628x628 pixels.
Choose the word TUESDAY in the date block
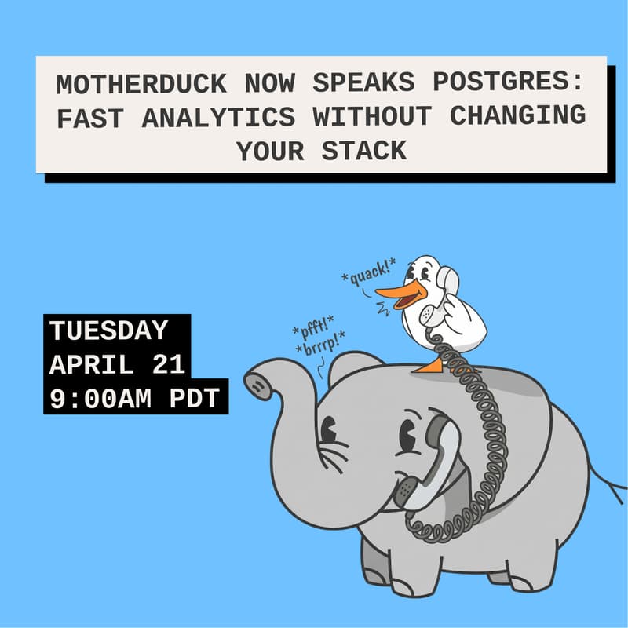109,330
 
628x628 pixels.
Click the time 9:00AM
101,398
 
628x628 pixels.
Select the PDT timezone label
196,398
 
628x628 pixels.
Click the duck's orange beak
397,297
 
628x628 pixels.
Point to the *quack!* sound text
365,274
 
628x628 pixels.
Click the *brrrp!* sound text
319,347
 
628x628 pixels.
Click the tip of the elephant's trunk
256,383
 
